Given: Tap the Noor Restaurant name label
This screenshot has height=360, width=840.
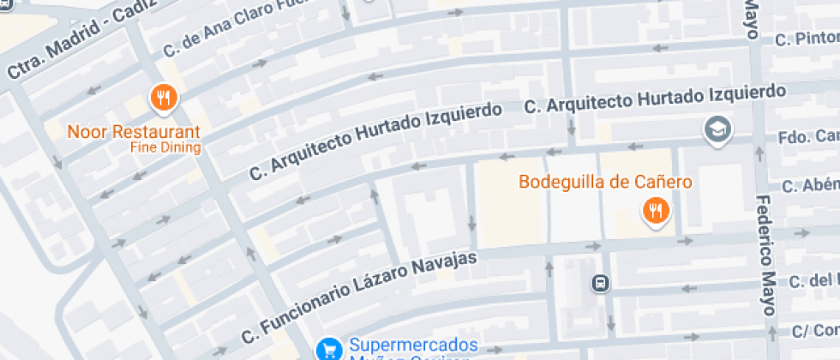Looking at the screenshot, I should (134, 133).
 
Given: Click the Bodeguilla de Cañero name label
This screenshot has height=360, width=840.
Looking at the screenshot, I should (605, 182).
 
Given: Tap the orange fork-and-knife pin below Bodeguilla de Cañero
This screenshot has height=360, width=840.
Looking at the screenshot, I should (657, 210).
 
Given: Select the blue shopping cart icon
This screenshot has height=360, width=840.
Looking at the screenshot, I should (328, 349).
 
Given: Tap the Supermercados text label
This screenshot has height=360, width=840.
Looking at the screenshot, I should (412, 345).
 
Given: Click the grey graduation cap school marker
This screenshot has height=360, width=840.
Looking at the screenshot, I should (714, 130).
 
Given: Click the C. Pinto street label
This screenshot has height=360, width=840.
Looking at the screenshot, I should (806, 39).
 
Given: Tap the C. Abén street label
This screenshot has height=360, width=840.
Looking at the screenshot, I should (810, 186).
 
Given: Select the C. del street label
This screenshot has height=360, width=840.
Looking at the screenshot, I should (813, 281).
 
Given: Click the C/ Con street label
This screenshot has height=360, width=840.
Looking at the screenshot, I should (813, 331).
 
